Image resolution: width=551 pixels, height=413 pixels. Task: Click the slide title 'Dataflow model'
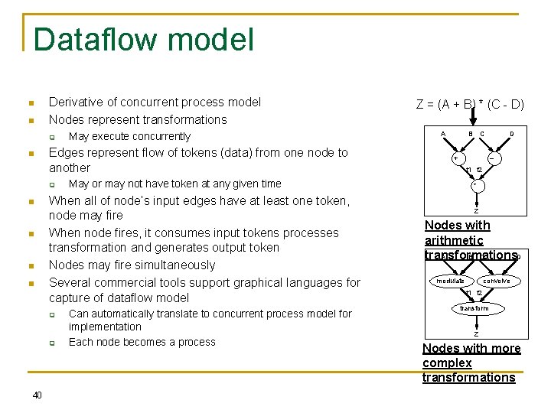click(144, 40)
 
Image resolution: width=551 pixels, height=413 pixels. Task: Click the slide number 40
click(37, 395)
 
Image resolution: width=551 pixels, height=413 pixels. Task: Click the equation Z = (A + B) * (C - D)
click(470, 104)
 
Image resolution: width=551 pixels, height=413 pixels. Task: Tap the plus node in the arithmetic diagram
click(455, 159)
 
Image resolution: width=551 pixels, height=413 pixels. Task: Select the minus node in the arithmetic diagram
click(493, 159)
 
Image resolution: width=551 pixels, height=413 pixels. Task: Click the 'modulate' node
click(451, 281)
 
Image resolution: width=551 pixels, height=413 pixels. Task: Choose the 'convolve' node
click(497, 281)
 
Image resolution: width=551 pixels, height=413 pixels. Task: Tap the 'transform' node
click(474, 308)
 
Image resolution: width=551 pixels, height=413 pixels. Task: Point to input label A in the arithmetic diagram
click(443, 134)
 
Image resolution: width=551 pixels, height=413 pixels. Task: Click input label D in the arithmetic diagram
click(512, 134)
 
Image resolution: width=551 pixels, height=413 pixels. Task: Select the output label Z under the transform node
click(475, 334)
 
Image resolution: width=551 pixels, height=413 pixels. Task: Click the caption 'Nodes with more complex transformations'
click(470, 363)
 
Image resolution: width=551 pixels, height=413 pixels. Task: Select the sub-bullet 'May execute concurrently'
click(129, 136)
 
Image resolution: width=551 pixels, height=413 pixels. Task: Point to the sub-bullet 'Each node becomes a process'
click(142, 342)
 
